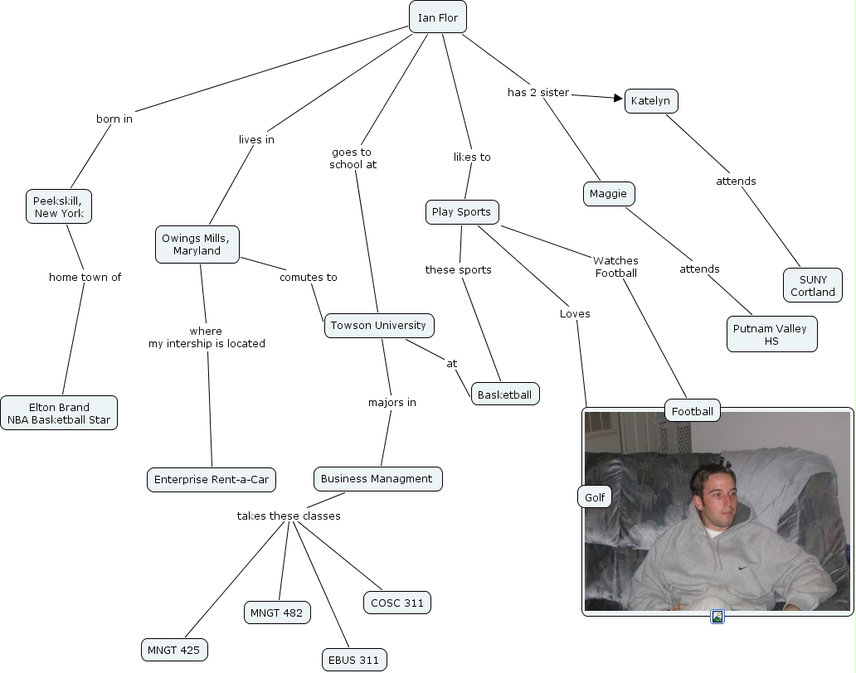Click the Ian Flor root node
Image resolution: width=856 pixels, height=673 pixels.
[x=438, y=17]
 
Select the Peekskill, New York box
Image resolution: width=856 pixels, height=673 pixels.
[x=58, y=206]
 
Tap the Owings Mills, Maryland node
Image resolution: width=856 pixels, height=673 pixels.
[x=197, y=245]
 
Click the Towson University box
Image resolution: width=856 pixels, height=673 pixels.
[x=378, y=326]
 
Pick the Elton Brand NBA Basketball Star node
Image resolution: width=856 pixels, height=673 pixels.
[x=59, y=414]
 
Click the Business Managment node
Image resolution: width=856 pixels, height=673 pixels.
[x=377, y=479]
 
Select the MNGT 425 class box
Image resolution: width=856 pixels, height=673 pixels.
[x=173, y=651]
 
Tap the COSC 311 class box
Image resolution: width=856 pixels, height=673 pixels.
[x=397, y=603]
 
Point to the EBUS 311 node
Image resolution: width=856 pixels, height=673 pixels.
[x=354, y=661]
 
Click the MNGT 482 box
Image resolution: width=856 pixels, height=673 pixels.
[x=277, y=613]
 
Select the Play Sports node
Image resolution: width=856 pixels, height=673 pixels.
[x=461, y=212]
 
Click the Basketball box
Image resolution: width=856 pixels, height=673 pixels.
[x=504, y=395]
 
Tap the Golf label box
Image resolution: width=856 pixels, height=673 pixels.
[x=595, y=497]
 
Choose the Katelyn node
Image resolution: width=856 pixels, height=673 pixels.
[x=650, y=101]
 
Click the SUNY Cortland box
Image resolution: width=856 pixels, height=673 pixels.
[x=813, y=286]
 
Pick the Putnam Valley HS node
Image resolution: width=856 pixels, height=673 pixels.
[x=771, y=335]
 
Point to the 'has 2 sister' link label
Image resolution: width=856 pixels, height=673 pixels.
[x=538, y=93]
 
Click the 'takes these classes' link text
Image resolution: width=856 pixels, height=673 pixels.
[x=289, y=516]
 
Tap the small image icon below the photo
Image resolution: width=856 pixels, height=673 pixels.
[x=718, y=617]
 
